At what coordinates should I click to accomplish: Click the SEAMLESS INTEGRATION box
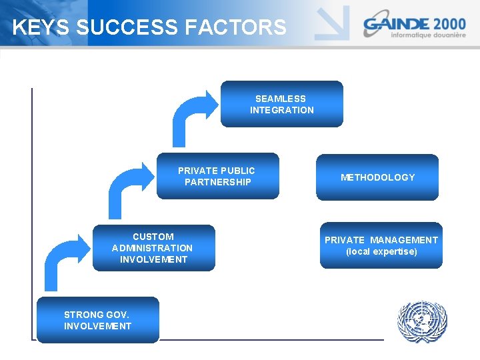pos(281,104)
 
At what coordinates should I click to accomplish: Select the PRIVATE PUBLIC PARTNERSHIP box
pos(217,177)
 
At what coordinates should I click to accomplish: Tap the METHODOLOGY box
pos(377,177)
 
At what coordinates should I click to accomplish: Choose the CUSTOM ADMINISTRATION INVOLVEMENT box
pos(153,248)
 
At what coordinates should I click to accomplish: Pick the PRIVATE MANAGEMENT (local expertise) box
pos(381,245)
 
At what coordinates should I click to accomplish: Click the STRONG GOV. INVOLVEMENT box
pos(97,320)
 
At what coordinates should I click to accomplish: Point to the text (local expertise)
pos(381,251)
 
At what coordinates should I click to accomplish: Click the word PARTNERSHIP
pos(217,182)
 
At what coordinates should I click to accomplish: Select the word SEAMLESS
pos(281,99)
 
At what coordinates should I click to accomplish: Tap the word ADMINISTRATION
pos(153,248)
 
